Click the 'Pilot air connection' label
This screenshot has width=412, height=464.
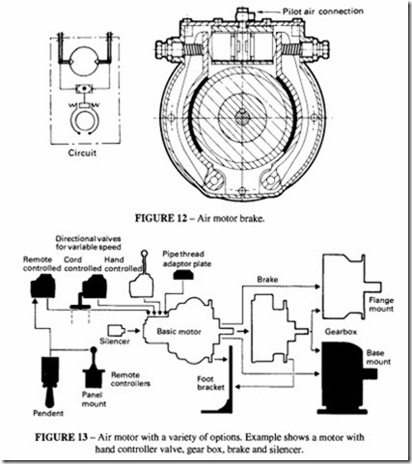click(323, 12)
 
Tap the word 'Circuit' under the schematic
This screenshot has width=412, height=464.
click(82, 152)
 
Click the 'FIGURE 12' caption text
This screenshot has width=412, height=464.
click(160, 218)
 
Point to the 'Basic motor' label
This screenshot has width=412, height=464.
click(179, 331)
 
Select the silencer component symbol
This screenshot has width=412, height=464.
click(116, 330)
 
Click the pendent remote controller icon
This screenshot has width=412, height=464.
click(50, 382)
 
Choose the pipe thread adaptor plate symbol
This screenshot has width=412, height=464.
click(182, 275)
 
